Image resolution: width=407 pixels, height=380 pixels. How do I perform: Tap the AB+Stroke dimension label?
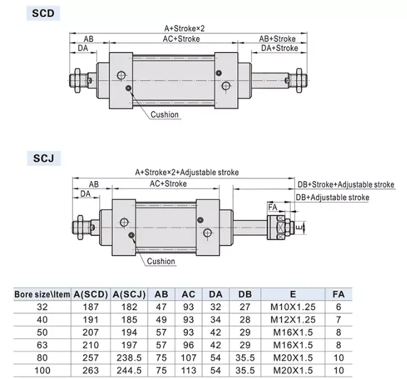point(277,38)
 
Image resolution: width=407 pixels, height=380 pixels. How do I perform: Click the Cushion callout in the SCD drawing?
point(164,115)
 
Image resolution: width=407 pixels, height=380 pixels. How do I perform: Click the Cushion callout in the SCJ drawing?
point(161,261)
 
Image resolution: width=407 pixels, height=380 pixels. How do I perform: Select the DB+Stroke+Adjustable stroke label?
point(346,185)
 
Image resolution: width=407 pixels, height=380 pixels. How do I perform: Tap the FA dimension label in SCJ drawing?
point(273,207)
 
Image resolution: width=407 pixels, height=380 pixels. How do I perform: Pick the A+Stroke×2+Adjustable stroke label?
point(187,172)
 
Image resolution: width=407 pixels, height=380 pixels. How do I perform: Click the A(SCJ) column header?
point(127,294)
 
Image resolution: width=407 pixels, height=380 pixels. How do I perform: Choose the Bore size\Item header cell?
point(42,294)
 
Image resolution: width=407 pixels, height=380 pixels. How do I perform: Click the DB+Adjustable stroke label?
point(333,197)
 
